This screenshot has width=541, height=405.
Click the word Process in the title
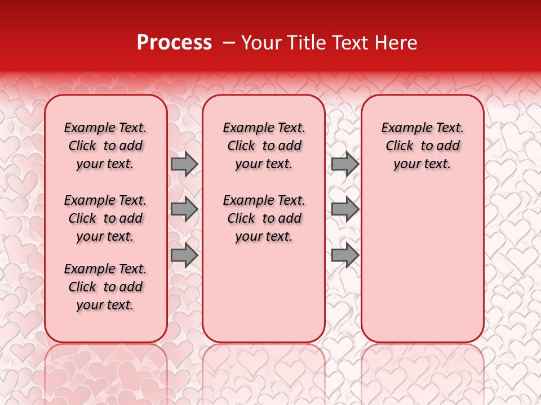[x=174, y=43]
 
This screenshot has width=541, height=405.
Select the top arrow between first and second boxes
[x=184, y=164]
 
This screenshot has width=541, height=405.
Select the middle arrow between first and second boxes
[x=184, y=210]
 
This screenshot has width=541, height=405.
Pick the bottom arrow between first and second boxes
[x=184, y=255]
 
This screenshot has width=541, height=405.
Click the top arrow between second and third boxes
[x=345, y=164]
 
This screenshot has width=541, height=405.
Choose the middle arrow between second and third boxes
[x=345, y=210]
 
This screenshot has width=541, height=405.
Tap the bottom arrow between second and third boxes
[x=345, y=255]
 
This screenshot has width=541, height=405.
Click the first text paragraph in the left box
[x=105, y=146]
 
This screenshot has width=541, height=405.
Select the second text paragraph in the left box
[x=105, y=218]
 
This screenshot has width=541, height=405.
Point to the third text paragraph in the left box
[x=105, y=287]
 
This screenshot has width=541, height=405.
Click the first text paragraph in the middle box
[x=264, y=146]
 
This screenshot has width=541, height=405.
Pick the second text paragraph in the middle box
[x=264, y=218]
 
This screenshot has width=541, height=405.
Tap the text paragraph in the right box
[x=423, y=146]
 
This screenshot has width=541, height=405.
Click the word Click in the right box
[x=400, y=146]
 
